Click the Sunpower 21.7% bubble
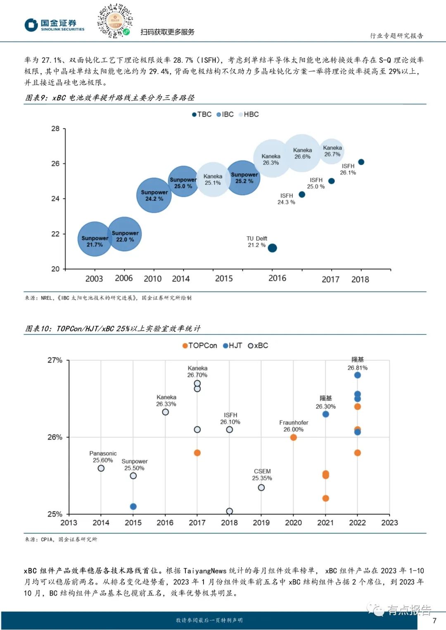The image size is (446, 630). pyautogui.click(x=95, y=239)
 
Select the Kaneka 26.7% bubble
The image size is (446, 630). pyautogui.click(x=332, y=151)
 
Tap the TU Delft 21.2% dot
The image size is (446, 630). pyautogui.click(x=272, y=248)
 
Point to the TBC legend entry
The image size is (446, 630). pyautogui.click(x=202, y=114)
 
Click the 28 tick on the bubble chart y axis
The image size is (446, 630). pyautogui.click(x=55, y=129)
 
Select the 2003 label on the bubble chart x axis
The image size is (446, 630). pyautogui.click(x=94, y=279)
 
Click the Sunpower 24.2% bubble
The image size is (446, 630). pyautogui.click(x=154, y=195)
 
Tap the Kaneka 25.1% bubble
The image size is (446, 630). pyautogui.click(x=213, y=179)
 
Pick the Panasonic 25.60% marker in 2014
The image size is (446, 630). pyautogui.click(x=101, y=468)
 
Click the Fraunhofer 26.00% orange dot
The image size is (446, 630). pyautogui.click(x=293, y=437)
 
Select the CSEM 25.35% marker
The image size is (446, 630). pyautogui.click(x=261, y=488)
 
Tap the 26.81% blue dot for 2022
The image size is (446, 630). pyautogui.click(x=358, y=375)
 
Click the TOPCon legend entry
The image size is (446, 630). pyautogui.click(x=199, y=346)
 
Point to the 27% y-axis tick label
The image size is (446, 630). pyautogui.click(x=55, y=360)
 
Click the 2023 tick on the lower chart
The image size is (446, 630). pyautogui.click(x=389, y=523)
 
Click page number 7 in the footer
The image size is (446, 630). pyautogui.click(x=434, y=621)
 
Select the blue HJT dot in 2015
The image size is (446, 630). pyautogui.click(x=133, y=507)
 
